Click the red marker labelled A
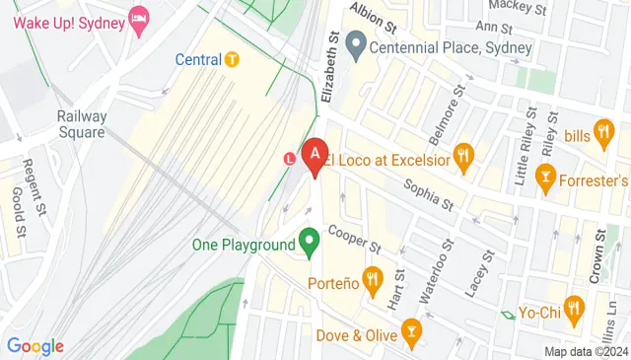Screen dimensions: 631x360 [315, 155]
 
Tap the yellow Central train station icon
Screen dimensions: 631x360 [232, 59]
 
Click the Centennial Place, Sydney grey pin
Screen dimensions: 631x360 [356, 43]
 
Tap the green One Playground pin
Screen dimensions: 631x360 [310, 241]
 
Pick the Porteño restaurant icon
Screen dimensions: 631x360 [372, 280]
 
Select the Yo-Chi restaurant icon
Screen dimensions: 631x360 [575, 306]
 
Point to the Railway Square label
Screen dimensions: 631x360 [81, 124]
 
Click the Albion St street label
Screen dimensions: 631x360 [376, 18]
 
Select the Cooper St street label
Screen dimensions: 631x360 [355, 236]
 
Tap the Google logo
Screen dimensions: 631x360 [35, 346]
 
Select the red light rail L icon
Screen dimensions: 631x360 [290, 158]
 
